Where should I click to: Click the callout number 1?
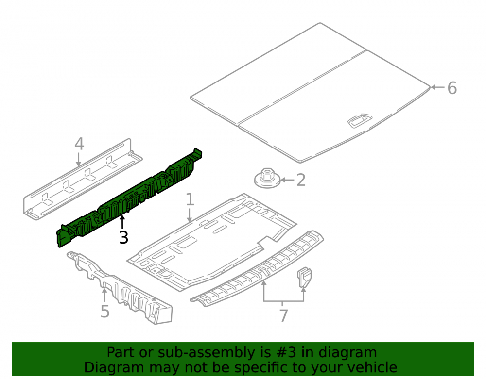pyautogui.click(x=190, y=199)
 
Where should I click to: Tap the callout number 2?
pyautogui.click(x=301, y=180)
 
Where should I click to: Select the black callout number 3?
pyautogui.click(x=123, y=238)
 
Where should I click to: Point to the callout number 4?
pyautogui.click(x=79, y=144)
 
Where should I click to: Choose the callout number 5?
pyautogui.click(x=105, y=311)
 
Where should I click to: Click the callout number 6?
pyautogui.click(x=452, y=88)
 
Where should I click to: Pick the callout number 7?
pyautogui.click(x=284, y=315)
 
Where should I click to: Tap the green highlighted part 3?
pyautogui.click(x=129, y=198)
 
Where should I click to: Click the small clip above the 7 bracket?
pyautogui.click(x=304, y=277)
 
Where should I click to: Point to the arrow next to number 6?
pyautogui.click(x=437, y=87)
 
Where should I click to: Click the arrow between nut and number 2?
pyautogui.click(x=287, y=180)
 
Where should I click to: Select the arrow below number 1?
pyautogui.click(x=190, y=215)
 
